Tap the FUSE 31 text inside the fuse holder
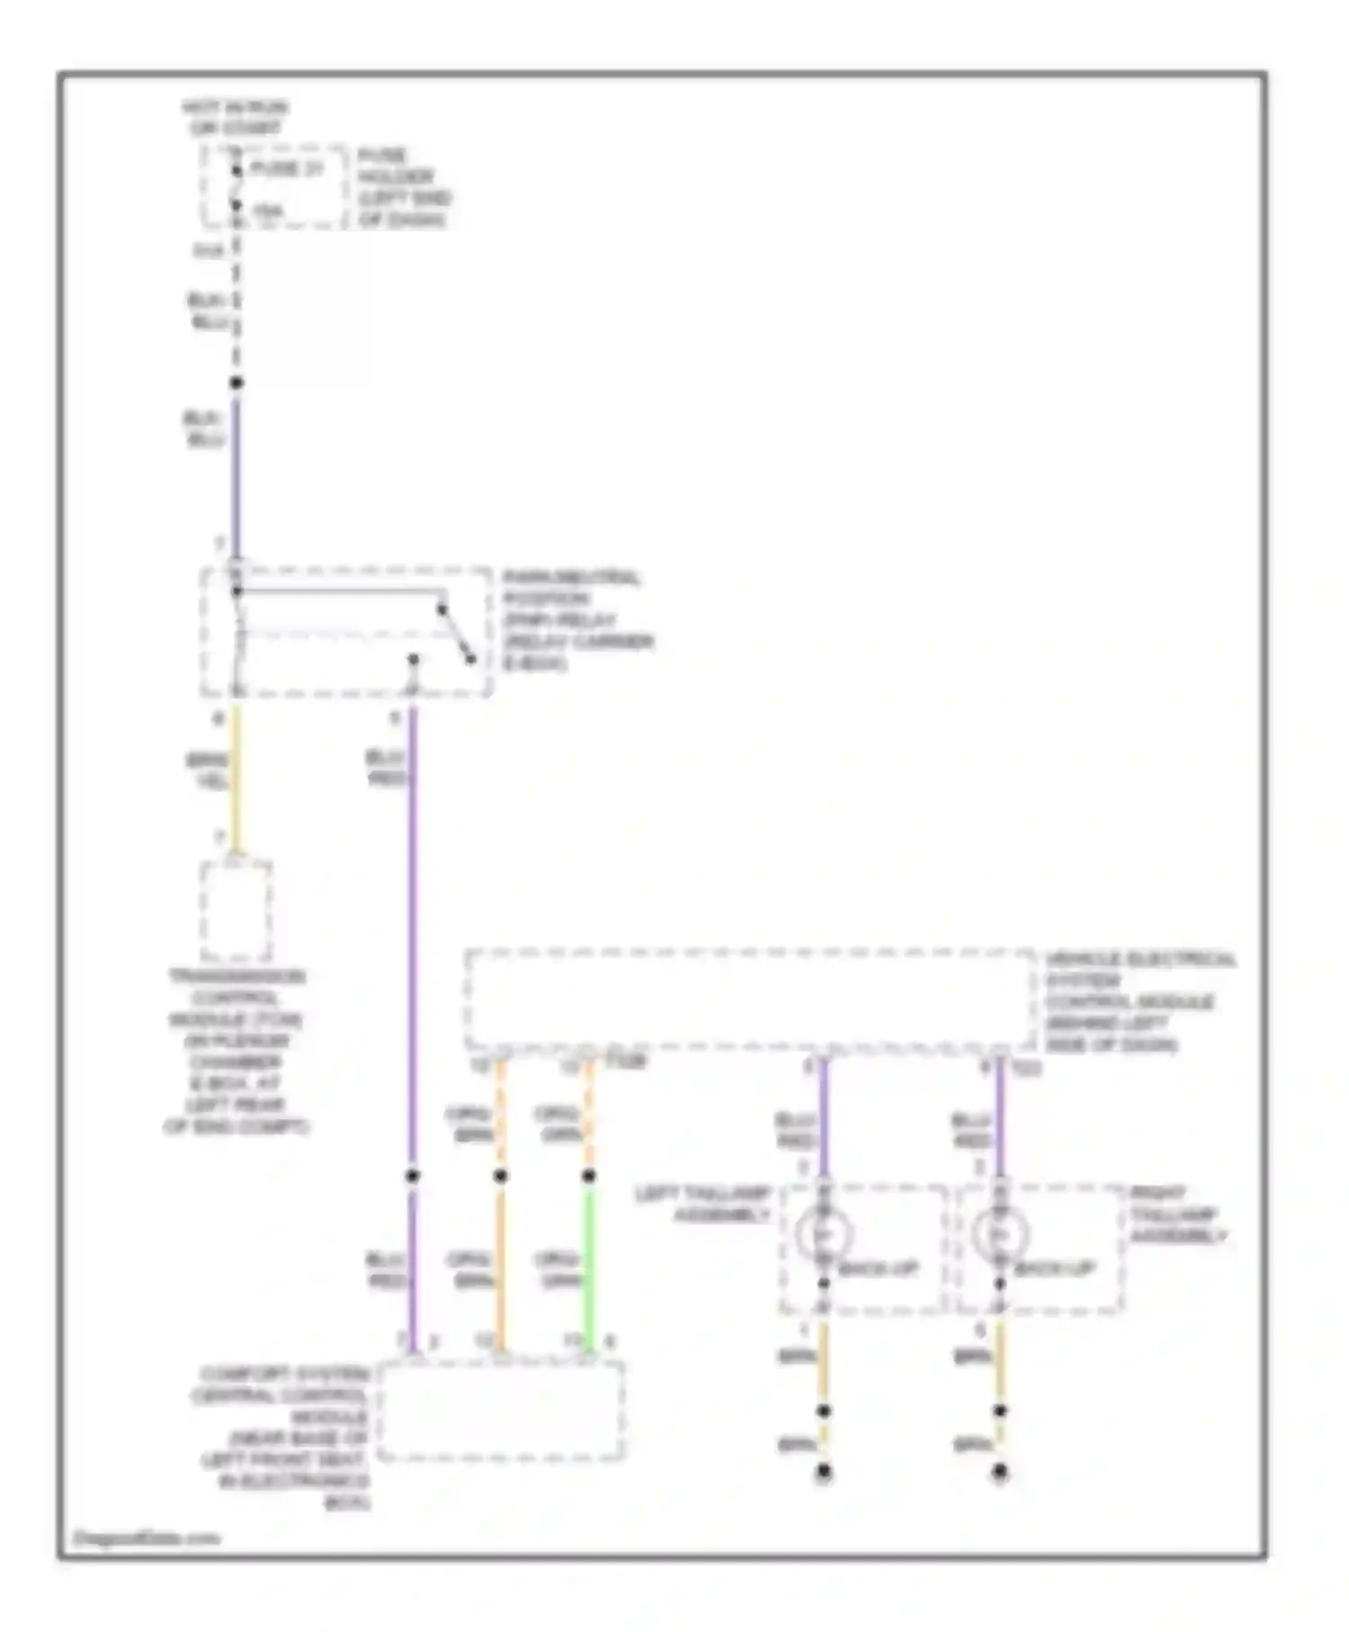(x=285, y=168)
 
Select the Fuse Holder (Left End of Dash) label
(x=403, y=187)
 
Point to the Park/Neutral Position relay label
(x=576, y=621)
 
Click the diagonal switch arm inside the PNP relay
(x=456, y=634)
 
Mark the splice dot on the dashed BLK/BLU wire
(x=237, y=382)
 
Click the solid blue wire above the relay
(x=237, y=477)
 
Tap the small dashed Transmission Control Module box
(x=237, y=910)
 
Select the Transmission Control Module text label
(x=237, y=1051)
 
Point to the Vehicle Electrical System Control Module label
(x=1138, y=1001)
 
